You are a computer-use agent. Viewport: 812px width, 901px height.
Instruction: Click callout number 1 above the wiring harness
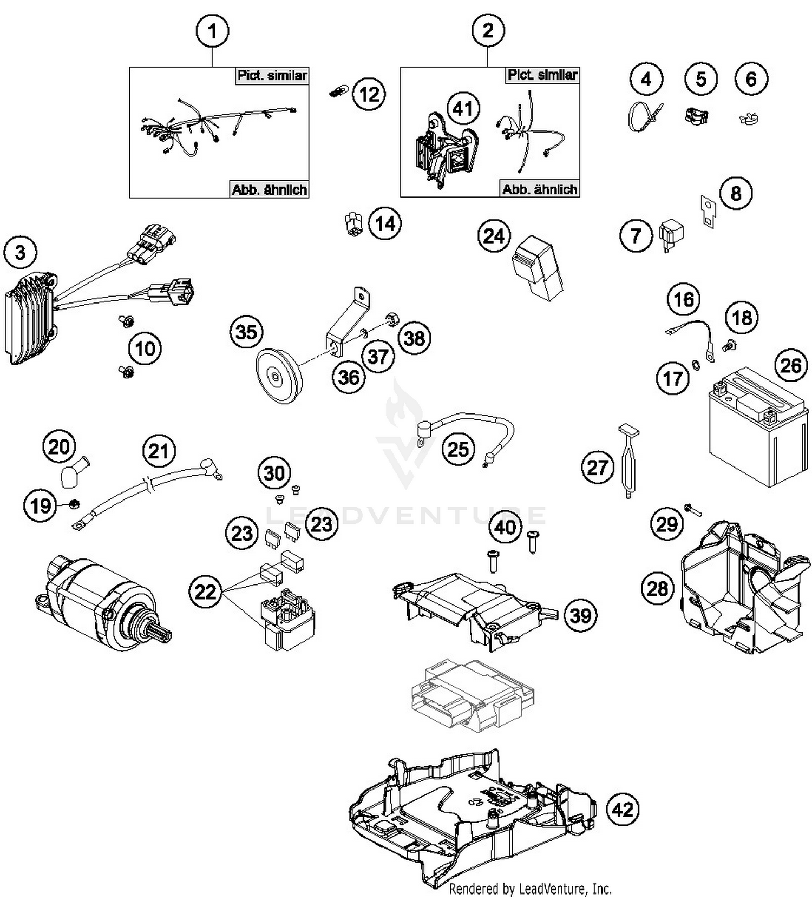point(212,31)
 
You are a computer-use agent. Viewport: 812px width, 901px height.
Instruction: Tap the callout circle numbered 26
point(790,366)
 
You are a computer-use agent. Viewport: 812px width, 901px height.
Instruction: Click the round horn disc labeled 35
point(277,376)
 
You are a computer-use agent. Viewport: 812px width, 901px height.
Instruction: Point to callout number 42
point(623,810)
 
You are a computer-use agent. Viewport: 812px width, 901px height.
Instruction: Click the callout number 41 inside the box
point(463,109)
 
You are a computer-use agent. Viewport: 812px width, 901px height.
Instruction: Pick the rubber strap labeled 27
point(628,460)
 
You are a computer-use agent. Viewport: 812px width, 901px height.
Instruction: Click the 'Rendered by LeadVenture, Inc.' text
point(530,888)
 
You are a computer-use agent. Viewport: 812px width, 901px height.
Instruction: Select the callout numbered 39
point(580,615)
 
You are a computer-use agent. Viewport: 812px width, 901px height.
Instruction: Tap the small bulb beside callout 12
point(337,93)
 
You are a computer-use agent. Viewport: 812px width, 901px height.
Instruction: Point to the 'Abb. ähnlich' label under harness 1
point(269,189)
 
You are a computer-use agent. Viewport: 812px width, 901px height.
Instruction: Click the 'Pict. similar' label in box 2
point(542,75)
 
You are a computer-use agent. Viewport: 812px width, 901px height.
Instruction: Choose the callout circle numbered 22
point(206,591)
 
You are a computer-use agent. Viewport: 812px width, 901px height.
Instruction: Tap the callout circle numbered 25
point(458,449)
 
